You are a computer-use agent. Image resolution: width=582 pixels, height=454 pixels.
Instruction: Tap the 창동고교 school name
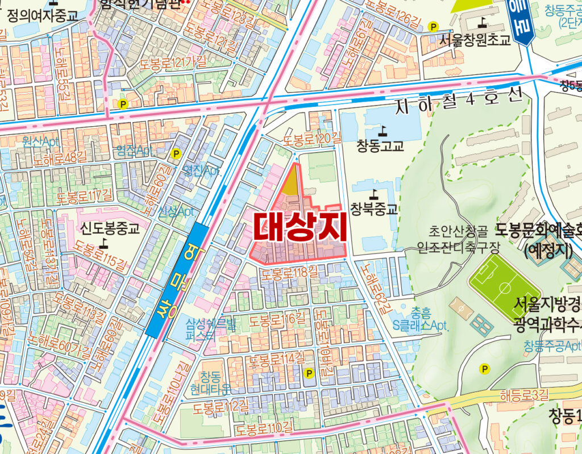(x=380, y=146)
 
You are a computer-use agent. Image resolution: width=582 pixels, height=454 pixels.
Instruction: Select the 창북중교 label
(x=373, y=209)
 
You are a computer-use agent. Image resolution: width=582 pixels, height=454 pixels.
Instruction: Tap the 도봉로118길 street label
(x=290, y=273)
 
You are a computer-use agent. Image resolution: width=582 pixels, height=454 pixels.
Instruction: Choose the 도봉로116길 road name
(x=277, y=318)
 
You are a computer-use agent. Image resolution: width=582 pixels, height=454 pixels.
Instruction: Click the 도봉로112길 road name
(x=221, y=406)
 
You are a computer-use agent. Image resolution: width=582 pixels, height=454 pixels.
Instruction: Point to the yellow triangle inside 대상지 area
(x=291, y=183)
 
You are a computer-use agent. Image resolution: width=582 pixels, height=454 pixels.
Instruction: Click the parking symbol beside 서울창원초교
(x=434, y=26)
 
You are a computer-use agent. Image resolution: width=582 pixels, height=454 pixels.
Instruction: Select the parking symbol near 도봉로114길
(x=309, y=373)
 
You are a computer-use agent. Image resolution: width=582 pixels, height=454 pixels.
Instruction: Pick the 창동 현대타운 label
(x=215, y=383)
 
